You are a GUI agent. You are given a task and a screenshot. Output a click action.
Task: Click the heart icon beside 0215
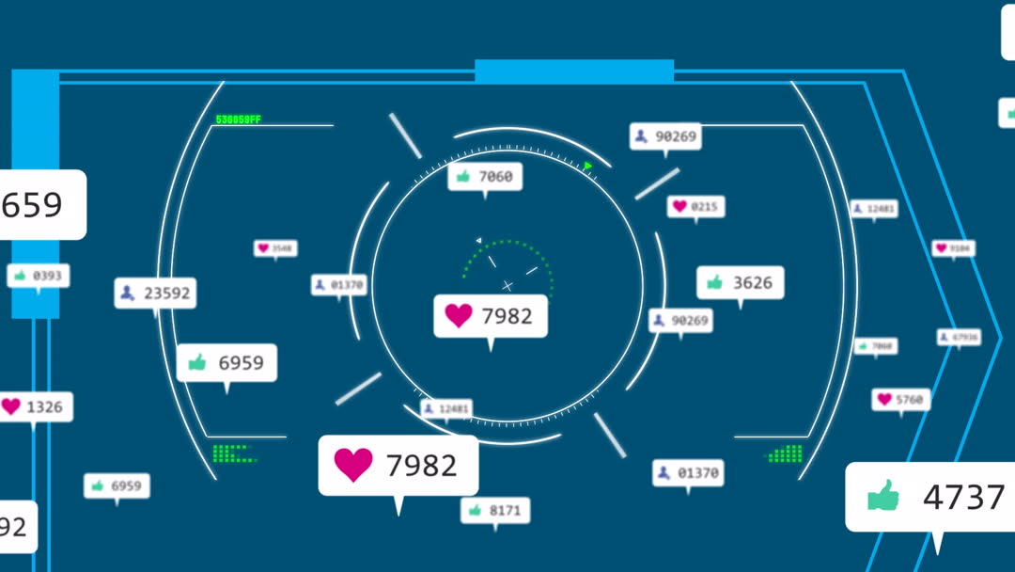(x=679, y=206)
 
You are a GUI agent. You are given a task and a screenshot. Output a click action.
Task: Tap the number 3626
(x=752, y=282)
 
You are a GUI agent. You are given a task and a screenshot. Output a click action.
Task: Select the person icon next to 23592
(x=128, y=294)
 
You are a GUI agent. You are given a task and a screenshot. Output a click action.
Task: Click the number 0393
(x=46, y=276)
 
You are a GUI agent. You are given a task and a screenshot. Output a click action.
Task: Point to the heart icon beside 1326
(x=10, y=406)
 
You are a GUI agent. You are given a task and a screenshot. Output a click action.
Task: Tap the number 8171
(x=505, y=510)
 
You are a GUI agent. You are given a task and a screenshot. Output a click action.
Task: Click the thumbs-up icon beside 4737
(x=882, y=496)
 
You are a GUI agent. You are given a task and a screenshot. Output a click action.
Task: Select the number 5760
(x=909, y=400)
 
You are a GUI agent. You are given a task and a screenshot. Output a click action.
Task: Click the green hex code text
(x=239, y=119)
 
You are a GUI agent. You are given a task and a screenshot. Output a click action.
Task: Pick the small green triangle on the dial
(x=588, y=167)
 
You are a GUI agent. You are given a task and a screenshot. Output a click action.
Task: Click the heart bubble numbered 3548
(x=275, y=248)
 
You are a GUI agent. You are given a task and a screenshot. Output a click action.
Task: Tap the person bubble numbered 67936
(x=958, y=337)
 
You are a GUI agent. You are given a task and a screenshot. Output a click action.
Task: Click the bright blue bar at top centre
(x=573, y=71)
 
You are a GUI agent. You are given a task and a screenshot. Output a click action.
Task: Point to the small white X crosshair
(x=507, y=285)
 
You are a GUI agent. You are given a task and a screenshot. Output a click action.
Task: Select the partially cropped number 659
(x=32, y=204)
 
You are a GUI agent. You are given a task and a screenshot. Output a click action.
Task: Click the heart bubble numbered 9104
(x=953, y=248)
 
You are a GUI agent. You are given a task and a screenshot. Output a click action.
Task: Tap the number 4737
(x=963, y=497)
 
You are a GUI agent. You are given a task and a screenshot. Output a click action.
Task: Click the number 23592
(x=167, y=294)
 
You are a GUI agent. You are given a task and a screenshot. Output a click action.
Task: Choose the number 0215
(x=704, y=206)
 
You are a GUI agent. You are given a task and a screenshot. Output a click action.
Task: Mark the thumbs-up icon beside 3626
(x=714, y=282)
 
